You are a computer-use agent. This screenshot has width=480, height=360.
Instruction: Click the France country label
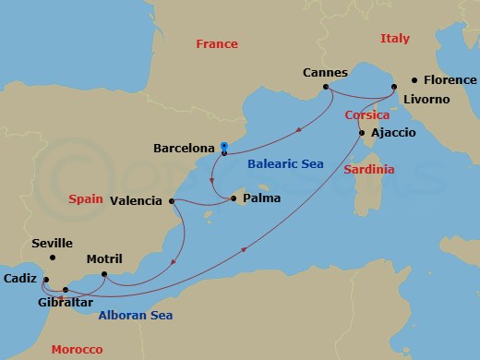tap(217, 43)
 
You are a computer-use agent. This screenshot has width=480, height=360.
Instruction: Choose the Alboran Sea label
tap(135, 316)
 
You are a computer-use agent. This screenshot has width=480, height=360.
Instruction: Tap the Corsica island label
tap(366, 115)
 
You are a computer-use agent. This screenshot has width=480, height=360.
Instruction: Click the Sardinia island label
tap(368, 170)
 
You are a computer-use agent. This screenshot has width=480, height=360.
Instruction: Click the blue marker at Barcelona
tap(224, 145)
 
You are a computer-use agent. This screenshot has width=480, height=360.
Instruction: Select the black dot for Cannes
tap(326, 89)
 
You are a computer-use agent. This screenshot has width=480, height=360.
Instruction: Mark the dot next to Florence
tap(414, 80)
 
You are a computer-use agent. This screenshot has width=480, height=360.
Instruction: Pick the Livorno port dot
tap(394, 89)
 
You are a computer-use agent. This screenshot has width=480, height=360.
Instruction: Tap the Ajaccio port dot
tap(361, 134)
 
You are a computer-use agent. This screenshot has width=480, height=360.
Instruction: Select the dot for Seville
tap(53, 258)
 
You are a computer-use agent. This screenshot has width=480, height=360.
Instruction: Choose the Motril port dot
tap(104, 274)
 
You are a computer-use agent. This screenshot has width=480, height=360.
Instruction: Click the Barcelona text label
tap(183, 147)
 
